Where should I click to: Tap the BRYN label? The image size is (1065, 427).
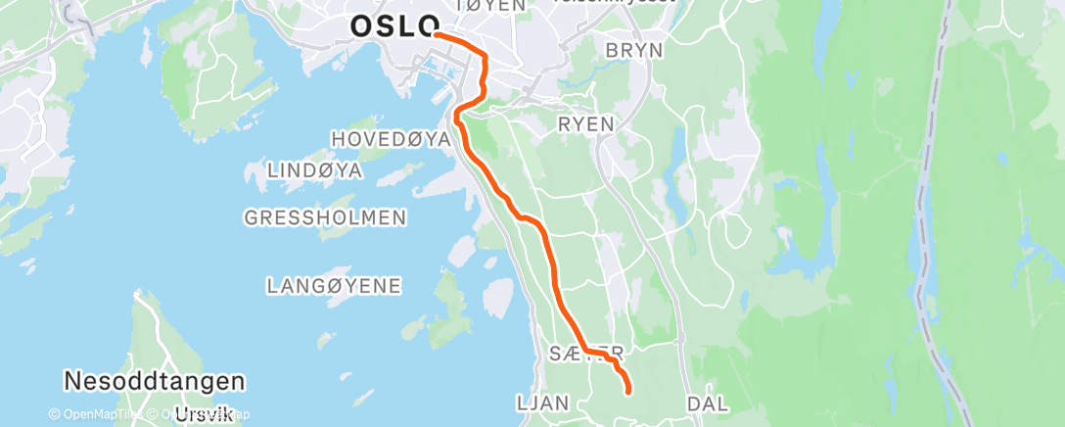point(634,50)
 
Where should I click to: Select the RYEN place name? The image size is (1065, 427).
point(585,124)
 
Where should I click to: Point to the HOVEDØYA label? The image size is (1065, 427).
point(391,140)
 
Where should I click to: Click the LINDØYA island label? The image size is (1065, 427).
point(315,171)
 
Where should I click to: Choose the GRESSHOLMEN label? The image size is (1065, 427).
point(326,217)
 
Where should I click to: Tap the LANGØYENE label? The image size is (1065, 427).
point(334,286)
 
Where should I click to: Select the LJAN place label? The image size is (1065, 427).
point(541,403)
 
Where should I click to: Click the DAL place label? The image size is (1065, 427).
point(708,403)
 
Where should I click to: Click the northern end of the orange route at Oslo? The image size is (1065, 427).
point(435,34)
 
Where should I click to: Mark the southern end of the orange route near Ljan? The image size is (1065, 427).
point(626,392)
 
